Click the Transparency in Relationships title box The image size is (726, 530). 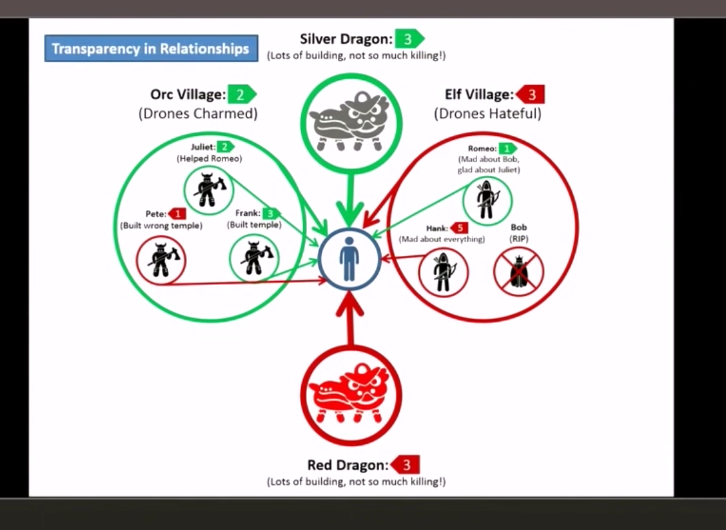click(x=151, y=49)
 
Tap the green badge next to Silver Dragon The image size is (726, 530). click(x=409, y=39)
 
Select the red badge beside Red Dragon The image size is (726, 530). click(x=406, y=464)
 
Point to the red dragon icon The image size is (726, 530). click(x=351, y=394)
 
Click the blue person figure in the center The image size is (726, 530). click(x=349, y=259)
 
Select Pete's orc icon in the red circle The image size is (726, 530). click(x=161, y=260)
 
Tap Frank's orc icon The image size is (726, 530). click(x=255, y=259)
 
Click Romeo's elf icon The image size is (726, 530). click(x=487, y=200)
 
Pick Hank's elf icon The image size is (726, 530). click(x=443, y=272)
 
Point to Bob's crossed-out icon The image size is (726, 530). click(x=518, y=272)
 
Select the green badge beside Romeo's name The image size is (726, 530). click(x=507, y=148)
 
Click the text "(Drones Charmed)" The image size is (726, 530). click(x=198, y=114)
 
